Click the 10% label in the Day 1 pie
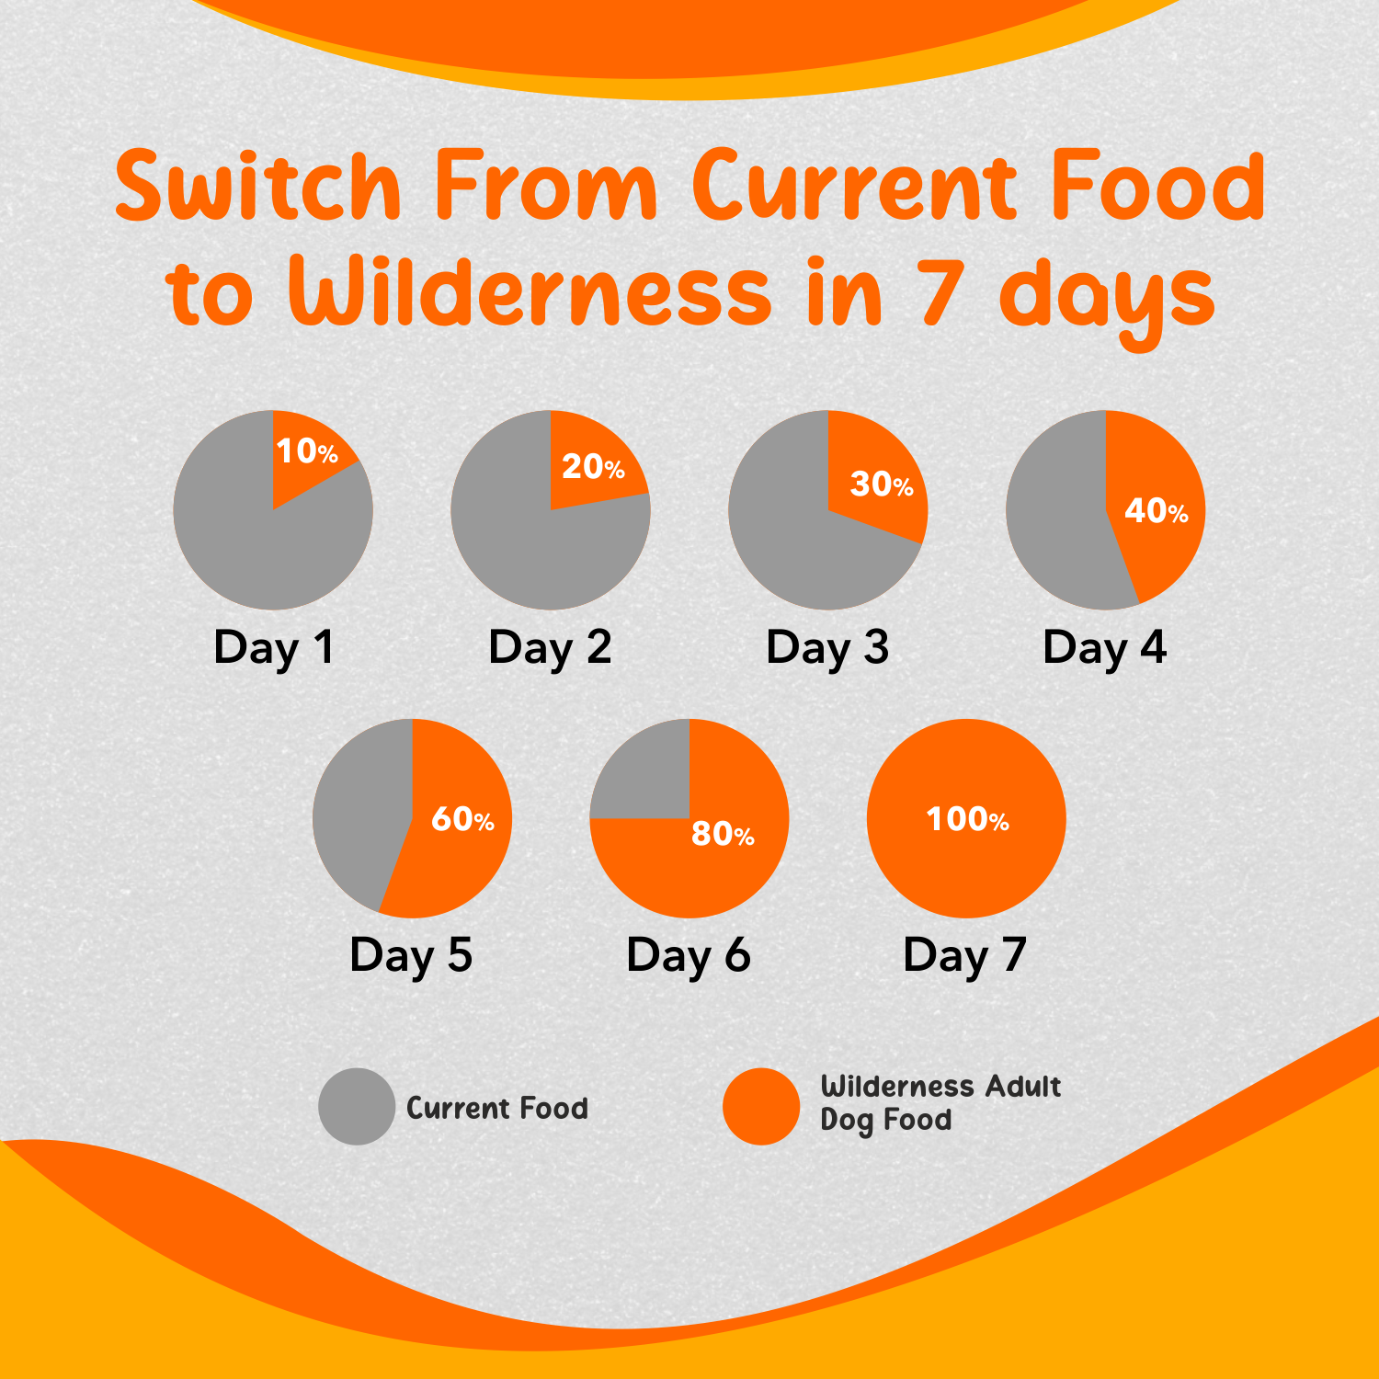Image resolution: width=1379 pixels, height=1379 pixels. pyautogui.click(x=307, y=451)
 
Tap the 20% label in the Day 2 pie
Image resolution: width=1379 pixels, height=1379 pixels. pyautogui.click(x=593, y=468)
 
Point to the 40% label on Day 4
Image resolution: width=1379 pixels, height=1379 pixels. pyautogui.click(x=1156, y=511)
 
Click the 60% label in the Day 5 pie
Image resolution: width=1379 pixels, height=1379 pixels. pyautogui.click(x=462, y=819)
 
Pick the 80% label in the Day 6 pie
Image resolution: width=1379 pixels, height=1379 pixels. pyautogui.click(x=723, y=834)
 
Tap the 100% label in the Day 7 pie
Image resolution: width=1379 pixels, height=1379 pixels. pyautogui.click(x=967, y=819)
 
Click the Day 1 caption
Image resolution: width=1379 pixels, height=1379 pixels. pyautogui.click(x=273, y=647)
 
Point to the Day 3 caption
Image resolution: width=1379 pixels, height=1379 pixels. pyautogui.click(x=827, y=647)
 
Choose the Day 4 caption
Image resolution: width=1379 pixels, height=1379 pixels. pyautogui.click(x=1104, y=647)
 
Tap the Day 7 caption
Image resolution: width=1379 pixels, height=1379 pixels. pyautogui.click(x=964, y=955)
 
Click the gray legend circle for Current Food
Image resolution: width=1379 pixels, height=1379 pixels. pyautogui.click(x=357, y=1106)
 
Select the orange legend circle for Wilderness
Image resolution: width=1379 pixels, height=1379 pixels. pyautogui.click(x=761, y=1106)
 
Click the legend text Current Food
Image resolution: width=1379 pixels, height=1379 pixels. pyautogui.click(x=497, y=1108)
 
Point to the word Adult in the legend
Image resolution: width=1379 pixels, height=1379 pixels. pyautogui.click(x=1022, y=1087)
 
